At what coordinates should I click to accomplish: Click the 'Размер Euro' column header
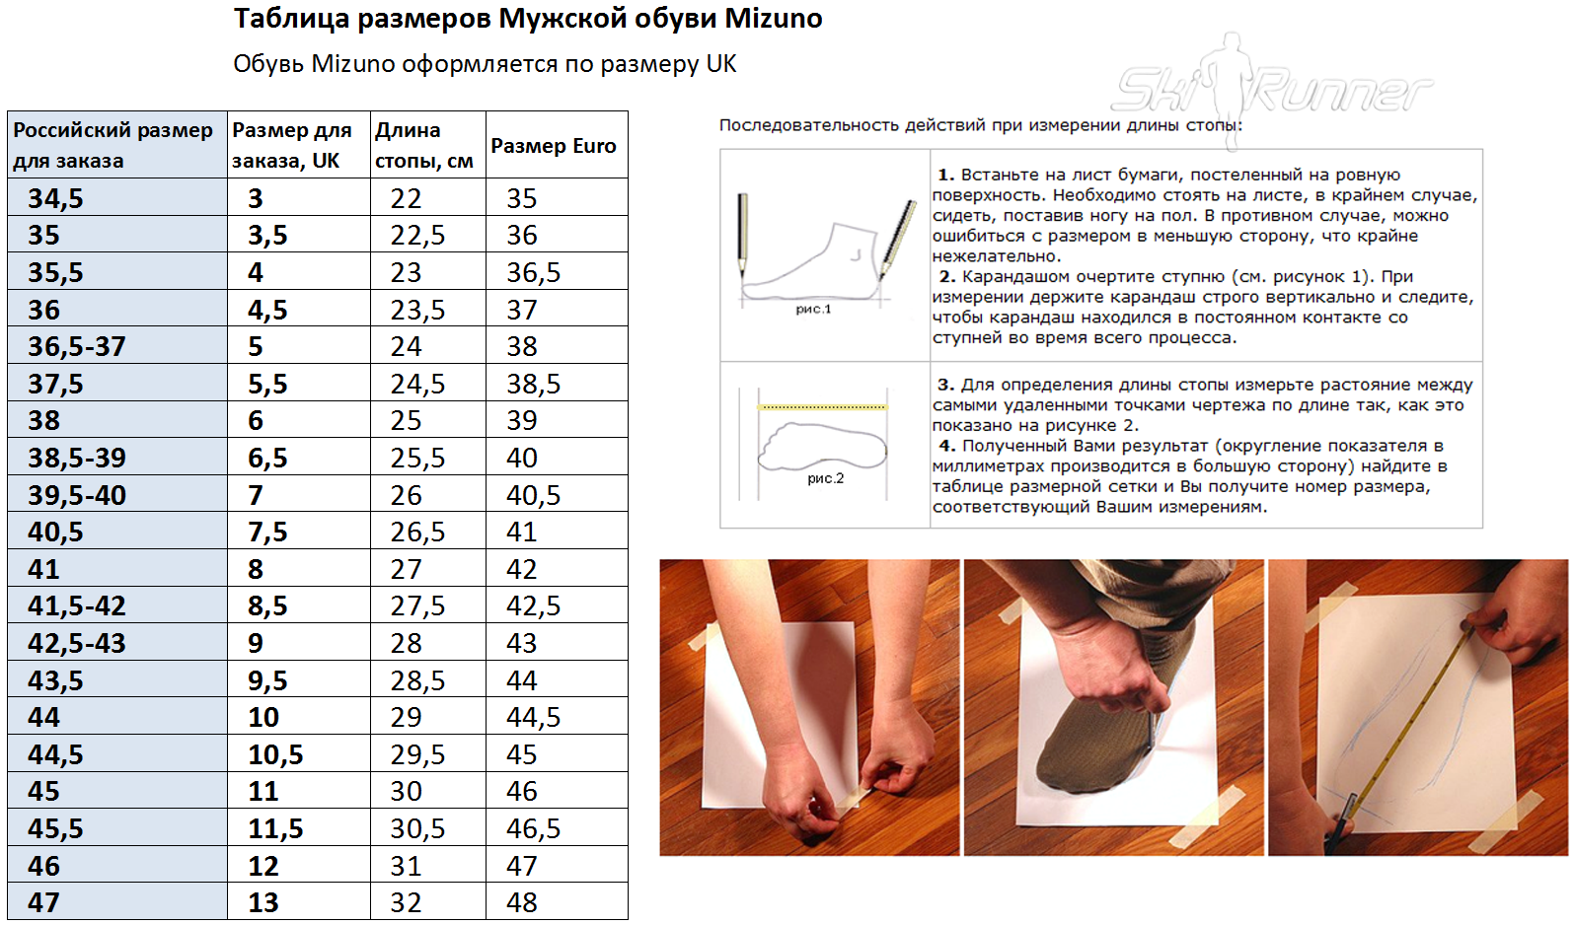(x=554, y=146)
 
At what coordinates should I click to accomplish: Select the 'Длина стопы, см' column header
(x=424, y=146)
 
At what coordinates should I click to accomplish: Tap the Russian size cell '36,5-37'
(x=77, y=347)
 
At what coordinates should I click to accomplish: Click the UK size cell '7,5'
(x=267, y=533)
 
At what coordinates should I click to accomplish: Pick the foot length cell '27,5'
(x=417, y=606)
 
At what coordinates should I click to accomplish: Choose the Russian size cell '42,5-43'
(x=77, y=644)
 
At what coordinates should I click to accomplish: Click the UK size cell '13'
(x=263, y=903)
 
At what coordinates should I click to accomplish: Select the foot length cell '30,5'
(x=417, y=829)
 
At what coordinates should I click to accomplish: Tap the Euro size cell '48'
(x=522, y=903)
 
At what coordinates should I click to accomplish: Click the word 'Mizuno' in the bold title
(x=773, y=19)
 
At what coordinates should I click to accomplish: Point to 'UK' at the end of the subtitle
(x=721, y=64)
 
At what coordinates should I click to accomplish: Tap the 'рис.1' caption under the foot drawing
(x=813, y=310)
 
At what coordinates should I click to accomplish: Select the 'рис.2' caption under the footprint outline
(x=825, y=479)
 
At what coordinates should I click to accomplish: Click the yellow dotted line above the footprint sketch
(x=822, y=406)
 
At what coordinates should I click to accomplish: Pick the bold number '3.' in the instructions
(x=945, y=385)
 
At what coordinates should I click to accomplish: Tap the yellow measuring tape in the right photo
(x=1421, y=710)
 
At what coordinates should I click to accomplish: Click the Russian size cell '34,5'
(x=56, y=199)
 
